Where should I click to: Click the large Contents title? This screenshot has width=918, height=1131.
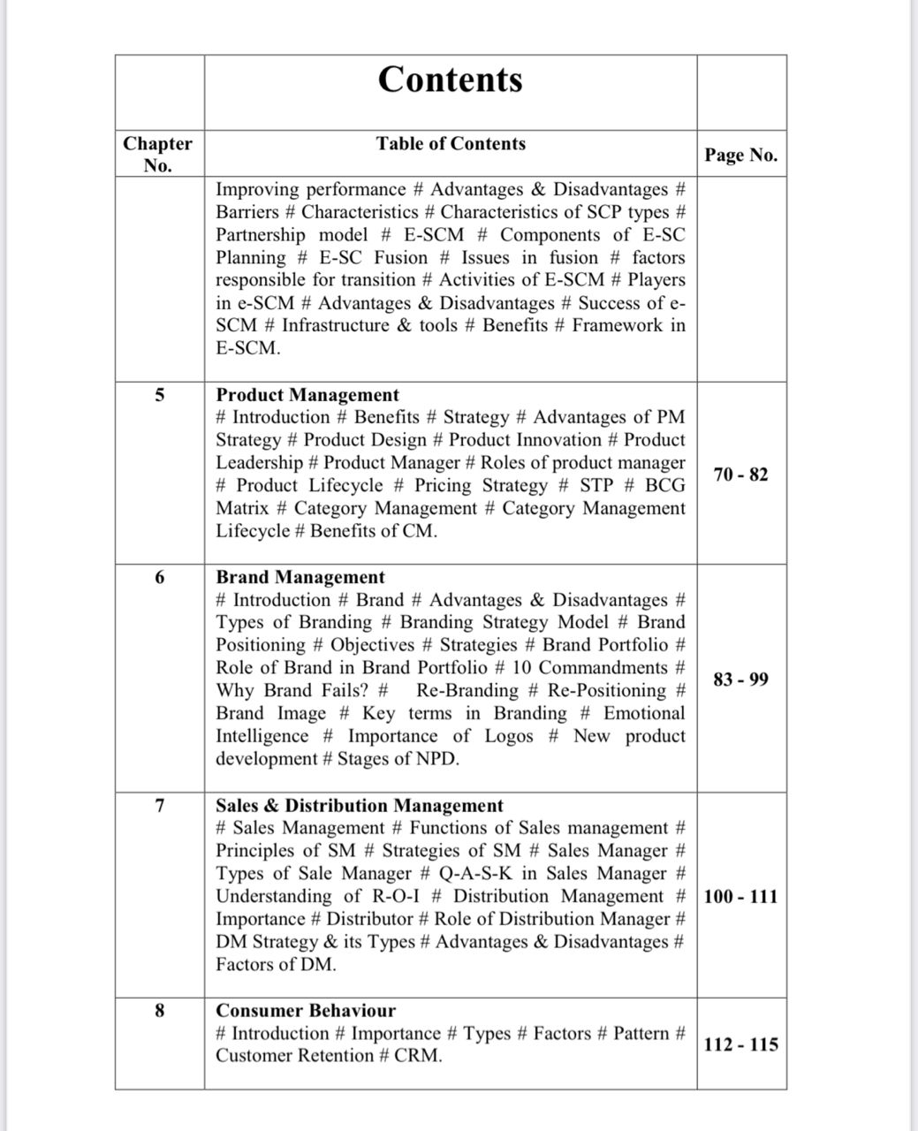pyautogui.click(x=450, y=80)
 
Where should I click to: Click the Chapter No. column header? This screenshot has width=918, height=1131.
pyautogui.click(x=157, y=155)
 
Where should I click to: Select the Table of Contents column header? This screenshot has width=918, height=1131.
pyautogui.click(x=451, y=144)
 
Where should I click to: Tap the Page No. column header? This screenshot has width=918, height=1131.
pyautogui.click(x=740, y=156)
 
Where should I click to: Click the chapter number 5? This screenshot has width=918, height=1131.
pyautogui.click(x=159, y=395)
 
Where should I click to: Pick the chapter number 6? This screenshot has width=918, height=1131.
pyautogui.click(x=159, y=577)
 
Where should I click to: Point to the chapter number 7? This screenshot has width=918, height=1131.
pyautogui.click(x=159, y=805)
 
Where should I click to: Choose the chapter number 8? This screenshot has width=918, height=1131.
pyautogui.click(x=159, y=1010)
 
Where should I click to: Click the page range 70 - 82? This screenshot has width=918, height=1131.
pyautogui.click(x=740, y=474)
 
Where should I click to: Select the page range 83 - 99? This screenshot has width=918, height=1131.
pyautogui.click(x=740, y=679)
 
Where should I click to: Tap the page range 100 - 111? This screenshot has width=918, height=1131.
pyautogui.click(x=740, y=897)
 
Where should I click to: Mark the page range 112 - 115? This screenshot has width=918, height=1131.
pyautogui.click(x=740, y=1044)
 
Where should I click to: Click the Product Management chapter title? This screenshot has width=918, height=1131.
pyautogui.click(x=307, y=395)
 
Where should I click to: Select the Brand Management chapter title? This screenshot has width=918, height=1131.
pyautogui.click(x=300, y=577)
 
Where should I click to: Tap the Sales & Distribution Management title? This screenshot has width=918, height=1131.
pyautogui.click(x=360, y=805)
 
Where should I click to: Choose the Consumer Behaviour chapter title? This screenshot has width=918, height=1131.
pyautogui.click(x=306, y=1010)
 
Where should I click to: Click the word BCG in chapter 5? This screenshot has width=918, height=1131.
pyautogui.click(x=664, y=485)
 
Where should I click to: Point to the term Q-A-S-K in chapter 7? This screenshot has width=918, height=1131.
pyautogui.click(x=474, y=874)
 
